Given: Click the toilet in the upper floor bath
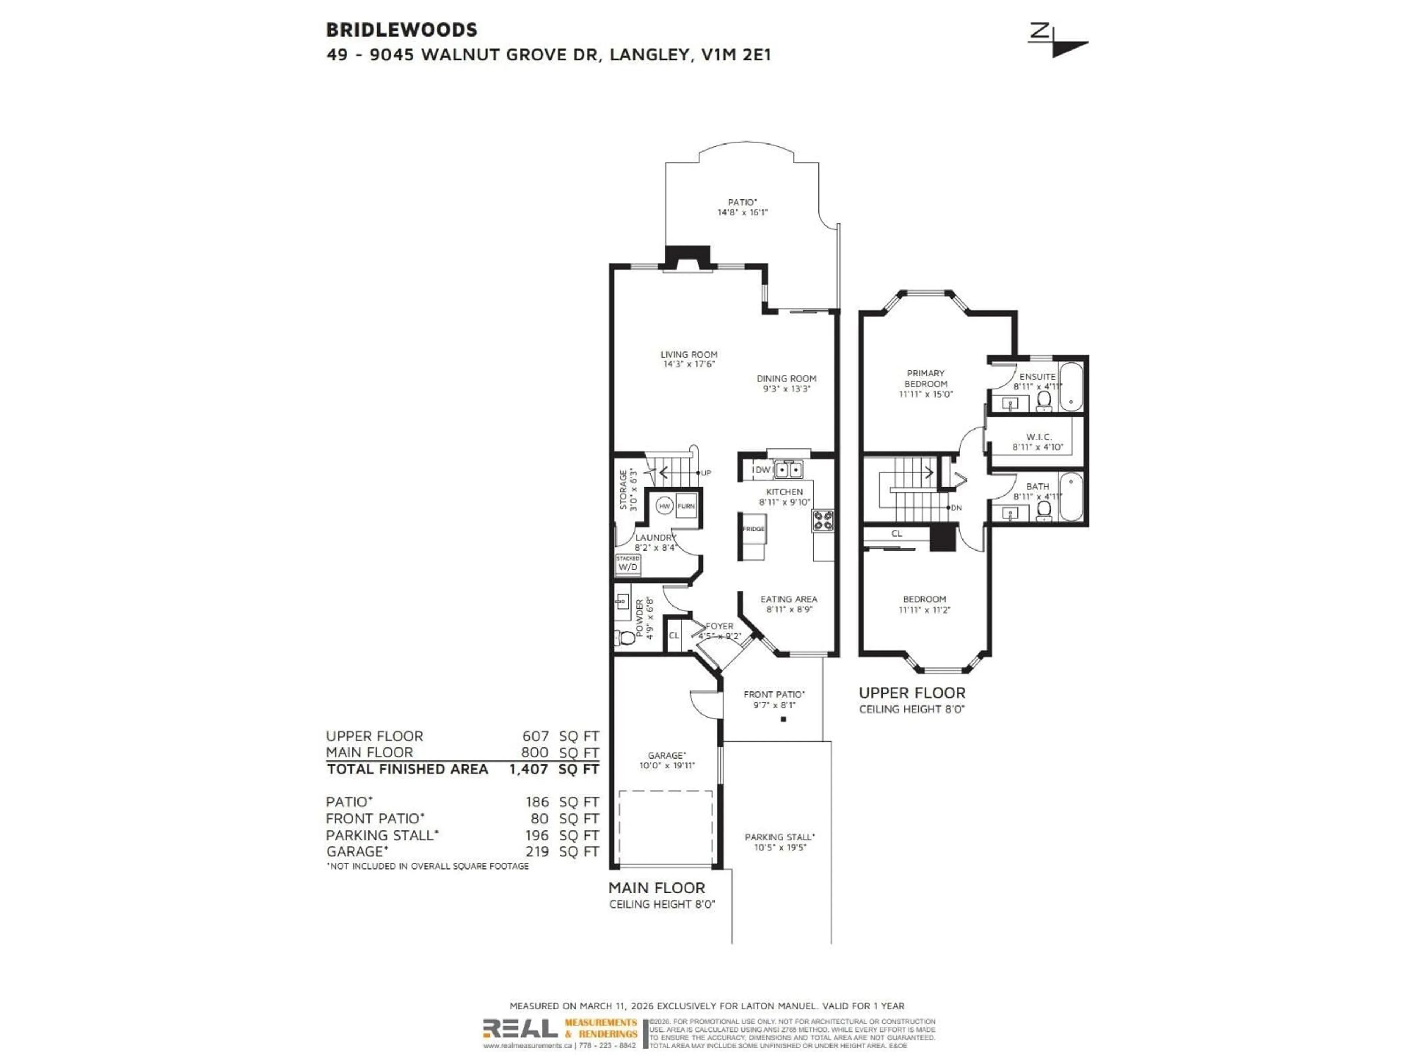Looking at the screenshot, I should coord(1044,510).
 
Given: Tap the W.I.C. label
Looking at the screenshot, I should coord(1038,437).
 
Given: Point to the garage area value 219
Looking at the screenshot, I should coord(537,851).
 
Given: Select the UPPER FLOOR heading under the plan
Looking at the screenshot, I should coord(912,693).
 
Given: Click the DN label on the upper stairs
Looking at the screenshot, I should coord(956,508).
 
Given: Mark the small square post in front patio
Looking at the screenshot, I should coord(783,719).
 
